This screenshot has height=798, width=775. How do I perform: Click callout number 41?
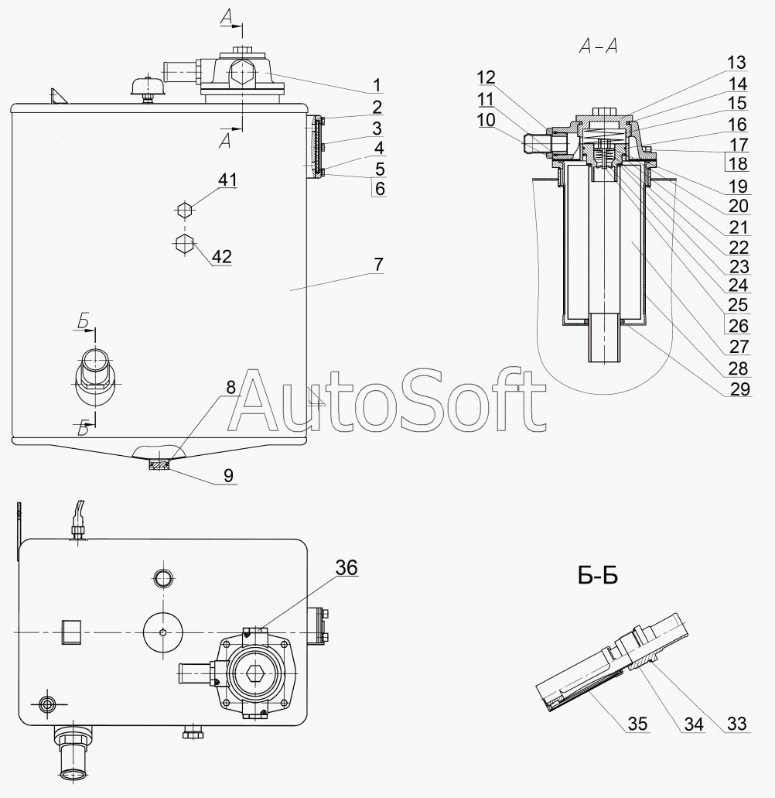[227, 180]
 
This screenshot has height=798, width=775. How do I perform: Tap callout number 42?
[222, 256]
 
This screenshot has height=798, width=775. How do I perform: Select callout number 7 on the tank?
[378, 265]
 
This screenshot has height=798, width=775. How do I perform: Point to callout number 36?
[347, 567]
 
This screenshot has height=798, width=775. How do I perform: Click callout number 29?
[740, 389]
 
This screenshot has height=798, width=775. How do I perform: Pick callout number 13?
[736, 63]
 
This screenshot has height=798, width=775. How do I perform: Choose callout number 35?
[637, 723]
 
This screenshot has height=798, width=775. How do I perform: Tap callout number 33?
[736, 723]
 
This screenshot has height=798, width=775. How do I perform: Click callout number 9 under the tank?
[228, 475]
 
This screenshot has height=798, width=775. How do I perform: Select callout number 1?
[377, 85]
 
